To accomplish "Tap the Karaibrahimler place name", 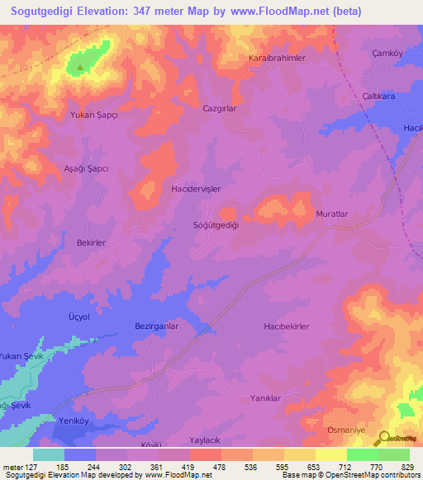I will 278,59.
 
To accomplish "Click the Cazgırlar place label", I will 220,108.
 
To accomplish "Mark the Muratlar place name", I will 334,214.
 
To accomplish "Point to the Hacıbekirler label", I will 286,327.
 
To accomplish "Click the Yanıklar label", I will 266,398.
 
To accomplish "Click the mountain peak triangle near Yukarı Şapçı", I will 79,68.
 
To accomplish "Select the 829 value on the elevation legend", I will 406,467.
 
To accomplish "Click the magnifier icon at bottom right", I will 383,438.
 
